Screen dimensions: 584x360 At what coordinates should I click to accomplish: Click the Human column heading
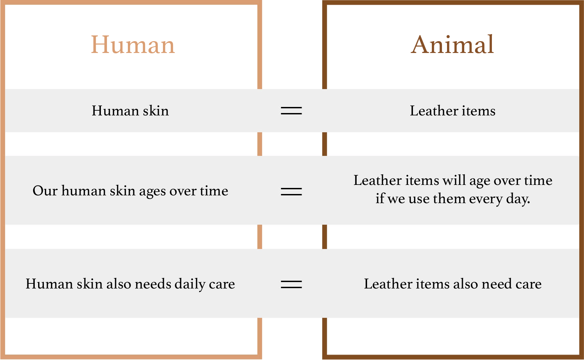(133, 45)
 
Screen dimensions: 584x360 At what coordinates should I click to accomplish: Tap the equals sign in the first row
(291, 111)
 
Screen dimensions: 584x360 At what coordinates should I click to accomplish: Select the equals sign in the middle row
(291, 192)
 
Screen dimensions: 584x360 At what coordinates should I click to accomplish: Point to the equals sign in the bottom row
(291, 284)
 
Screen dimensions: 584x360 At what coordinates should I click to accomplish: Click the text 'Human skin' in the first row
(130, 111)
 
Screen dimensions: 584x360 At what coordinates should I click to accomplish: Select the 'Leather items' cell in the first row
(453, 111)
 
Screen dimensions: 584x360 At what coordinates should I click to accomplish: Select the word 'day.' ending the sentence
(518, 199)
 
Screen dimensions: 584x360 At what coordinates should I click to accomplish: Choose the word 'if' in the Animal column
(380, 198)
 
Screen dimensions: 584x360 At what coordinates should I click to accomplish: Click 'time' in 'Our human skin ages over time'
(214, 191)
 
